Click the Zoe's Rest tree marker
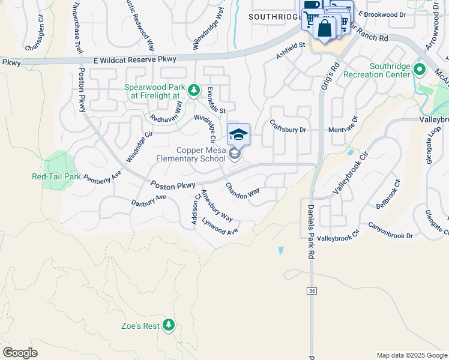(x=169, y=325)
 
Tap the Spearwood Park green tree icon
(x=193, y=91)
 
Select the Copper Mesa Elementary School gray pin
(x=235, y=155)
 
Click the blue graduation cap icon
(x=238, y=134)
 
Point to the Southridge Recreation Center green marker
(x=420, y=70)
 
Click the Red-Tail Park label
(x=56, y=176)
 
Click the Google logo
(x=20, y=353)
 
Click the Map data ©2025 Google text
(x=411, y=355)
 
